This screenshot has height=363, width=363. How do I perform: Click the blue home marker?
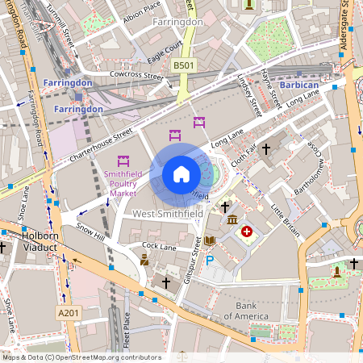pos(181,174)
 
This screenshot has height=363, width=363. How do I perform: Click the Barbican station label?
pos(300,85)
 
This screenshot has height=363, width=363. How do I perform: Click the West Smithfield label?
pos(167,214)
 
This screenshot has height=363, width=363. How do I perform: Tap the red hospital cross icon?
pos(247,232)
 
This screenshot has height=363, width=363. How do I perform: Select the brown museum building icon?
pos(232,220)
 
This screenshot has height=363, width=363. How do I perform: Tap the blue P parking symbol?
pos(210,260)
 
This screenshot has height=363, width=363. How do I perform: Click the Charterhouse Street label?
pos(100,144)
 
